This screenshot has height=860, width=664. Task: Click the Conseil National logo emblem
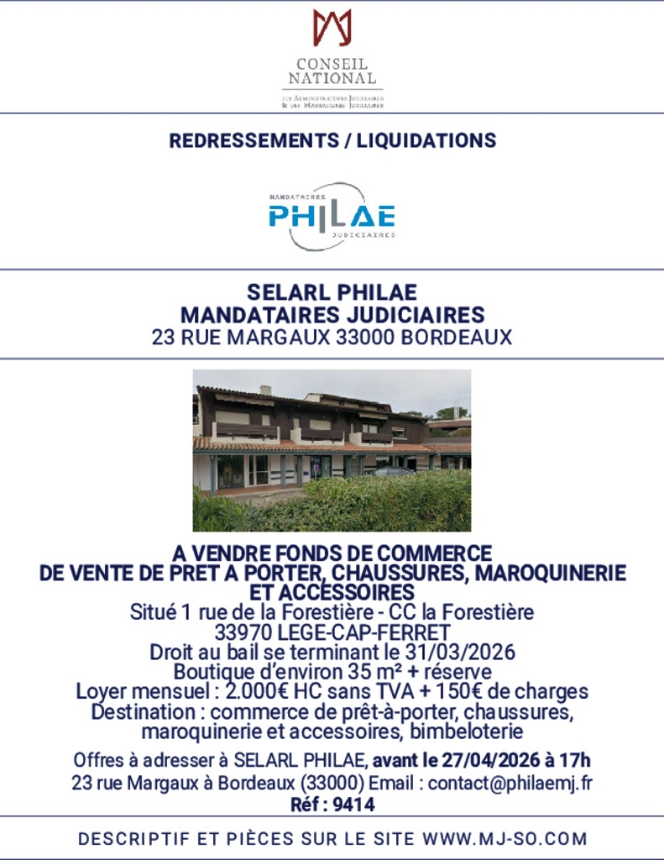(x=332, y=27)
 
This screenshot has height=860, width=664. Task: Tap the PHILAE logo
(x=332, y=217)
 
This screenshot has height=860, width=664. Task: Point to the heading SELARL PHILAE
(x=332, y=292)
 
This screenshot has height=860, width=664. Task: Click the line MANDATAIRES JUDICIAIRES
(x=332, y=315)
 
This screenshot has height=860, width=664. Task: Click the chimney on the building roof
(x=265, y=390)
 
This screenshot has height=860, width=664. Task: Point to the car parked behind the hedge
(x=391, y=472)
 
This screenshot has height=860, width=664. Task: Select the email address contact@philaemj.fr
(x=510, y=784)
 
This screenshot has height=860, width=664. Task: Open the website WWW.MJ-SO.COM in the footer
(x=505, y=838)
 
